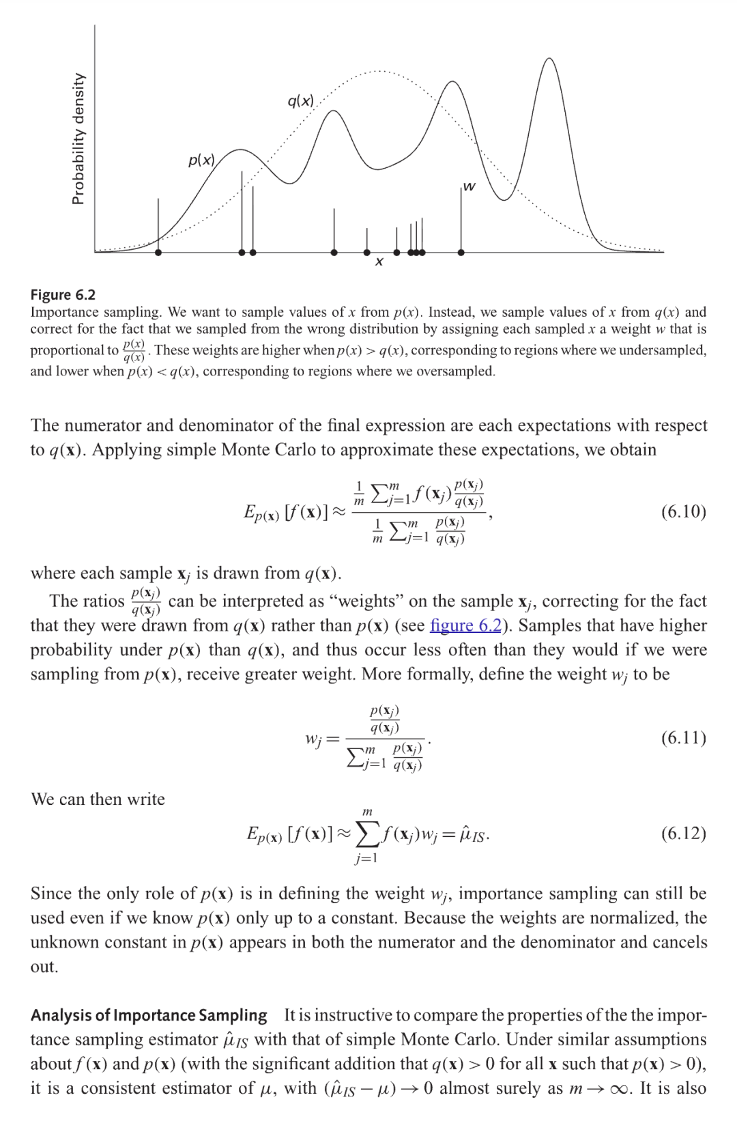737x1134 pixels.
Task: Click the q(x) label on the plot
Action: [x=301, y=102]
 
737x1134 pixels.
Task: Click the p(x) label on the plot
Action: [x=201, y=160]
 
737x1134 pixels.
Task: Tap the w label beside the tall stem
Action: [x=469, y=186]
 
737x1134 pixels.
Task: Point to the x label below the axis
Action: [x=379, y=261]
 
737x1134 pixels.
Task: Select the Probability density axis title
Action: [x=78, y=139]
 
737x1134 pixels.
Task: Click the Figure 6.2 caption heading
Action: [x=63, y=295]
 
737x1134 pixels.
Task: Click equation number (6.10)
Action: [x=683, y=511]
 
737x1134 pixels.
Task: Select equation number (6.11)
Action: [x=683, y=737]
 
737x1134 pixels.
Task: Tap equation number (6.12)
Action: [x=683, y=833]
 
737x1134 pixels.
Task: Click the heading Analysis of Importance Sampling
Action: [x=149, y=1015]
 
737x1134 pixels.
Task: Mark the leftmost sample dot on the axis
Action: [x=158, y=253]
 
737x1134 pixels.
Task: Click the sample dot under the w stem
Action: [x=461, y=253]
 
